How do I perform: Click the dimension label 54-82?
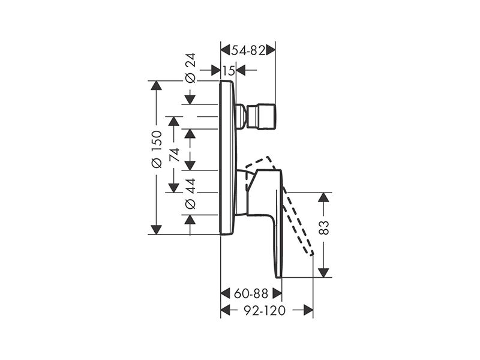[x=248, y=50]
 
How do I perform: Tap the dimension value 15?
[x=229, y=71]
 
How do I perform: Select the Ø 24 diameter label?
[x=190, y=68]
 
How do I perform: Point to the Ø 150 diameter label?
[x=157, y=149]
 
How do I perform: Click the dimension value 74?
[x=174, y=155]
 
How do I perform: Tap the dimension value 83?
[x=323, y=227]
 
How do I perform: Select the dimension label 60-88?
[x=251, y=293]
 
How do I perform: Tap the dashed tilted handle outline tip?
[x=312, y=254]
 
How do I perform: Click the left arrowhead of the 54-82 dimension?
[x=226, y=50]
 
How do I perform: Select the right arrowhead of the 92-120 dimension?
[x=308, y=310]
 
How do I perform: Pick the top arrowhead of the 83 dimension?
[x=323, y=197]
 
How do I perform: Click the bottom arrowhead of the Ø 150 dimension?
[x=157, y=230]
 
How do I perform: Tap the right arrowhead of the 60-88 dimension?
[x=277, y=293]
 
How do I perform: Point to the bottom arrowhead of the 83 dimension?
[x=323, y=273]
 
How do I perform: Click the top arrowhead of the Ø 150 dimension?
[x=157, y=85]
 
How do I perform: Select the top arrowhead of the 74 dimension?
[x=174, y=121]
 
